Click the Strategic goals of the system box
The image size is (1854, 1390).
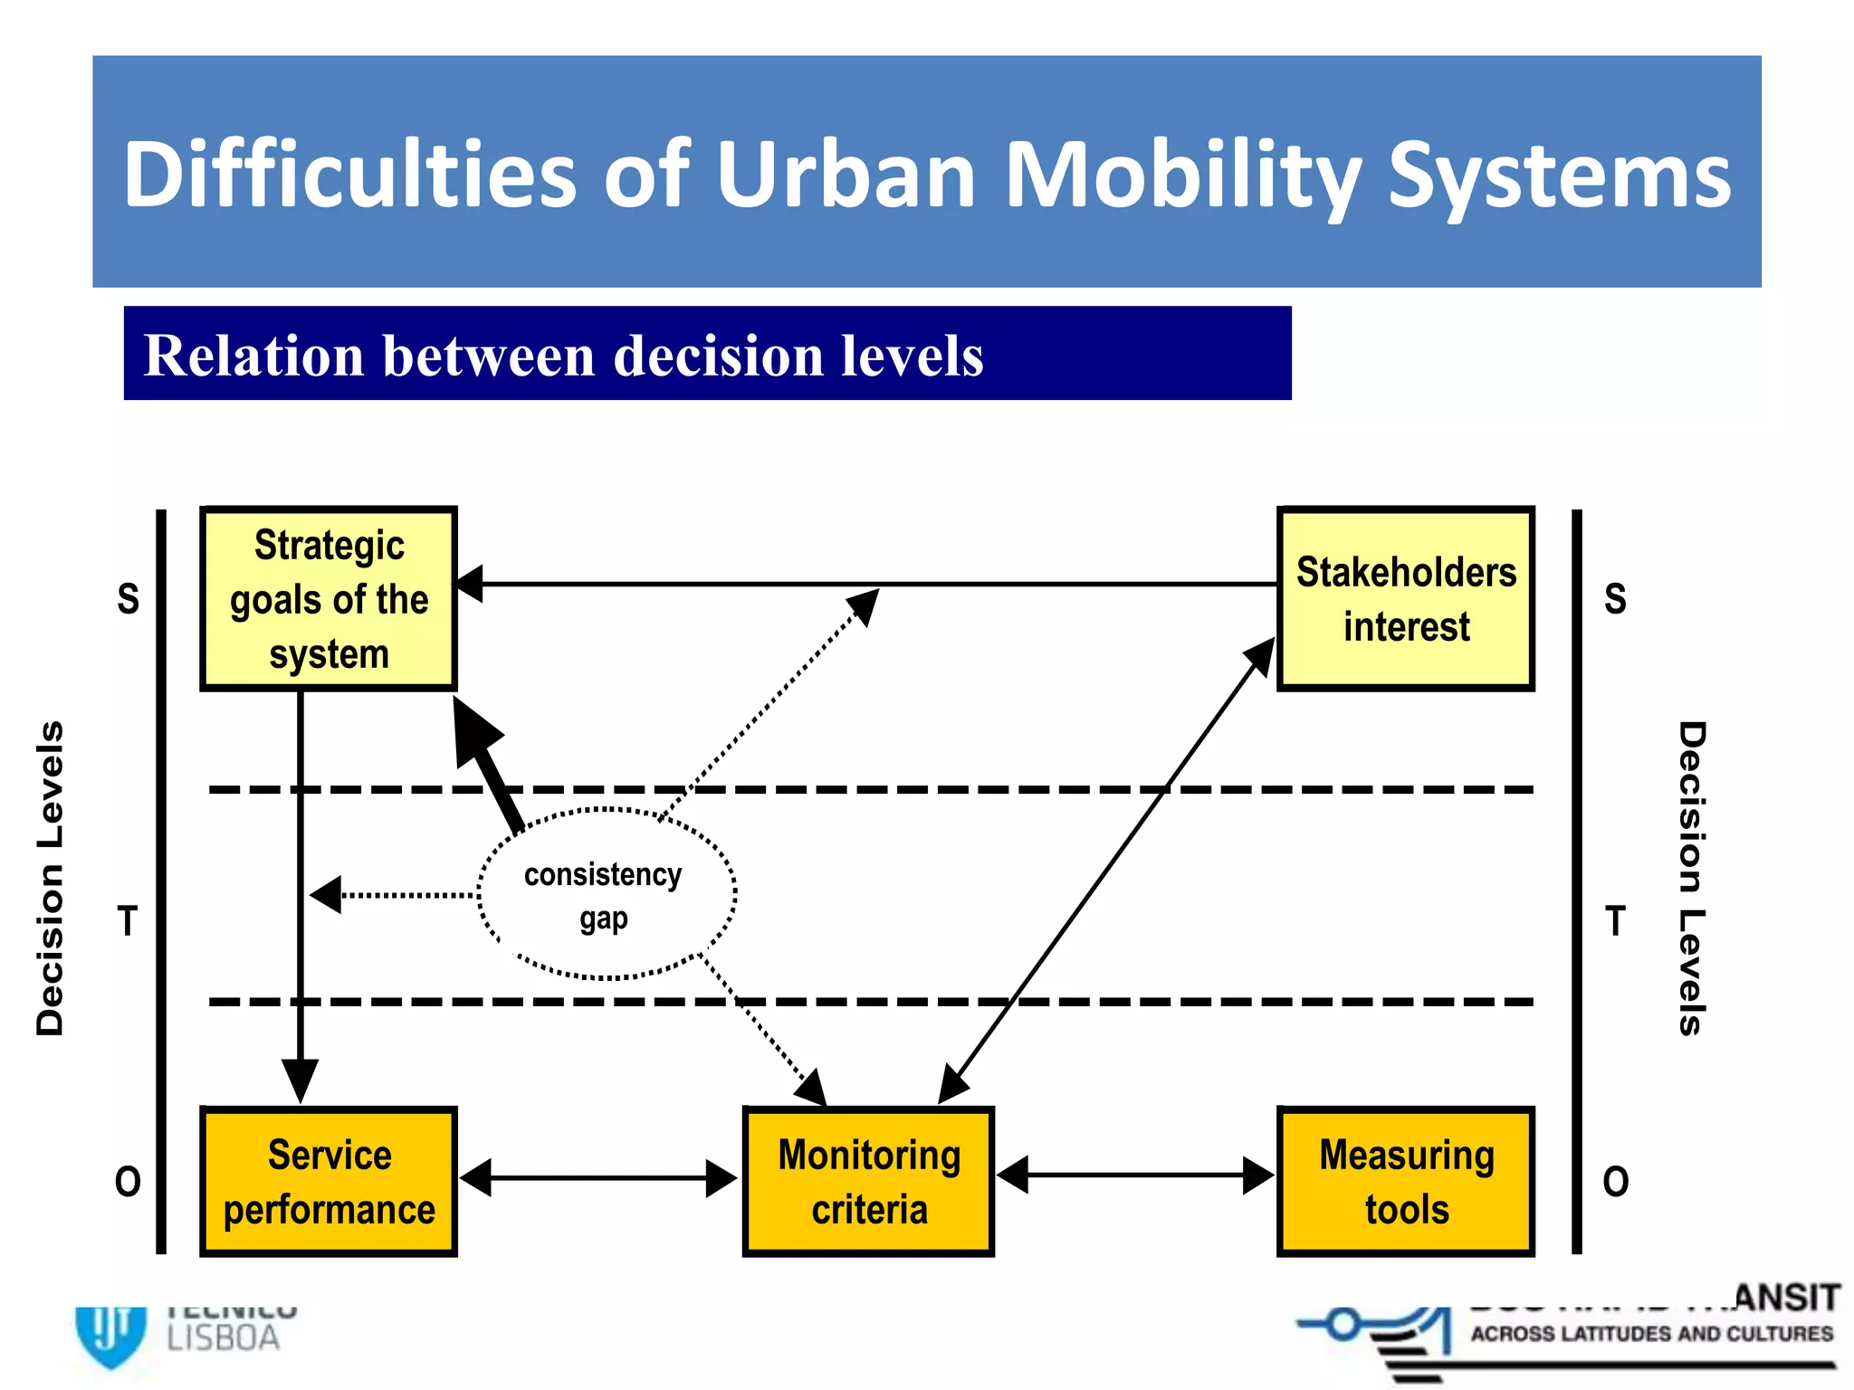pos(329,599)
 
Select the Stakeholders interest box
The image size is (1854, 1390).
pos(1405,599)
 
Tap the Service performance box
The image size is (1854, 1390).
pos(329,1181)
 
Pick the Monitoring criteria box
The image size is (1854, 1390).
pos(868,1181)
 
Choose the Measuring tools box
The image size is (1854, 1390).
pos(1405,1181)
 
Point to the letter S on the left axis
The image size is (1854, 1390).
pos(129,599)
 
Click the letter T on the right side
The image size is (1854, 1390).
pos(1615,921)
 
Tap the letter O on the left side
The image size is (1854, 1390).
pos(128,1182)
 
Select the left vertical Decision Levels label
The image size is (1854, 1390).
pos(51,878)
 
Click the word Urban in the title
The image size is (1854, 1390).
pos(846,174)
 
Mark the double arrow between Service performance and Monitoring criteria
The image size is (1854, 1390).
pos(598,1178)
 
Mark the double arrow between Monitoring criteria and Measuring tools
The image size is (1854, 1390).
pos(1135,1176)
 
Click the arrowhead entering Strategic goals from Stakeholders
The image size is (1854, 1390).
pos(469,584)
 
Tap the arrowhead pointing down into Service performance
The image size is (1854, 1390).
pos(300,1079)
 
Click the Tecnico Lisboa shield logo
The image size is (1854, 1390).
pos(110,1334)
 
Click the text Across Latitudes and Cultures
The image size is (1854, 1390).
pos(1651,1334)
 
